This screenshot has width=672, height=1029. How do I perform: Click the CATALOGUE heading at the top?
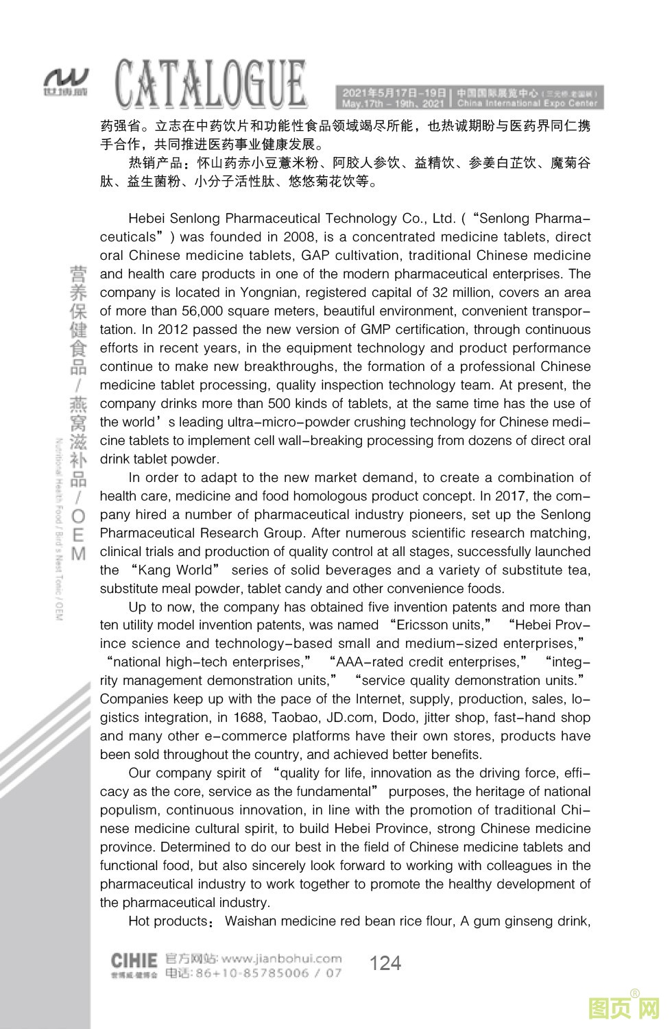point(211,84)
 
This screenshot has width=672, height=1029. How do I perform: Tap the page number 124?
point(385,963)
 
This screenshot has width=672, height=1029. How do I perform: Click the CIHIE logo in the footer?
point(134,959)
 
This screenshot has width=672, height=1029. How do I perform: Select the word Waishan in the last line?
point(251,921)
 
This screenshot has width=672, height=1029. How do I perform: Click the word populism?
point(130,810)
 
